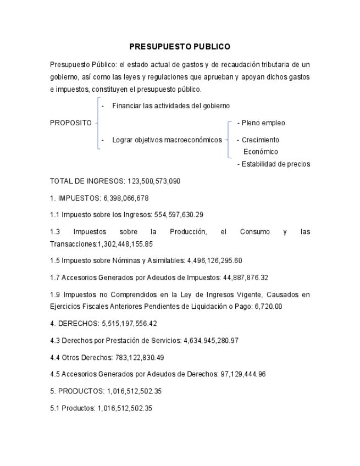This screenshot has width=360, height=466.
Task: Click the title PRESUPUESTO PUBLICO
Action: [x=180, y=47]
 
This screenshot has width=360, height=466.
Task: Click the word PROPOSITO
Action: [x=71, y=123]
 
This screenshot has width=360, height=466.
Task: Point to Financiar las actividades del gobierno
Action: [x=170, y=106]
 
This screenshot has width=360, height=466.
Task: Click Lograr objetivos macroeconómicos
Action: [x=167, y=140]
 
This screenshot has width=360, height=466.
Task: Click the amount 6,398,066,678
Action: [x=126, y=198]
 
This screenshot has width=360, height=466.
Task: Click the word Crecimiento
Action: [x=261, y=140]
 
